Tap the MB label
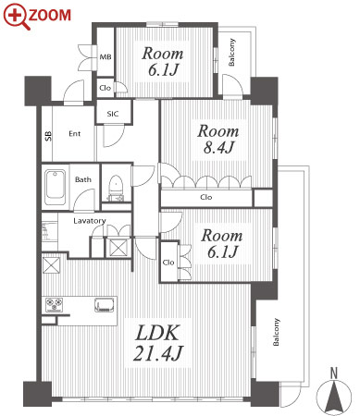(106, 57)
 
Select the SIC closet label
(113, 114)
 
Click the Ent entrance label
(75, 134)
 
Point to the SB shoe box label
(48, 136)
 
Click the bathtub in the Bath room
(55, 188)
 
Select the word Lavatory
(90, 221)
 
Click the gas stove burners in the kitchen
(55, 304)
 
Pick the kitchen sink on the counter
(105, 305)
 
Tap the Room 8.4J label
(218, 140)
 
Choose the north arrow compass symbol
(334, 396)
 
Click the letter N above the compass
(334, 373)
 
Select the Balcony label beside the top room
(231, 52)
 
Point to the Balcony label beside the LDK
(276, 332)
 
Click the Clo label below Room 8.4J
(206, 197)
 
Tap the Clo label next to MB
(105, 88)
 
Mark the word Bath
(83, 179)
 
